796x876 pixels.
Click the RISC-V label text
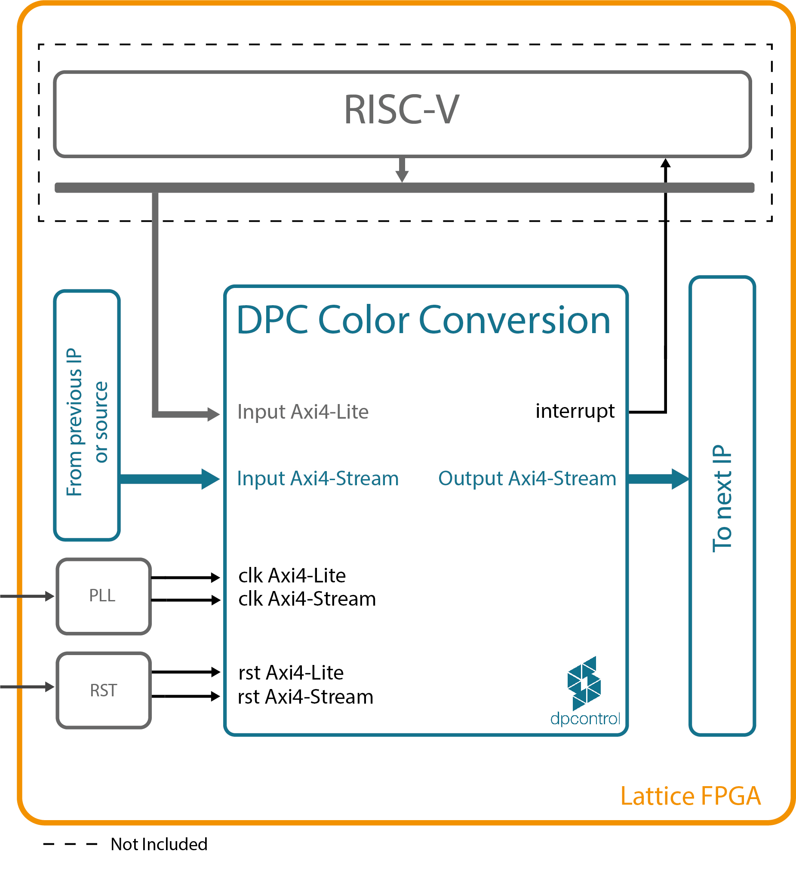click(x=401, y=110)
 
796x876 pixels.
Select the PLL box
click(x=104, y=596)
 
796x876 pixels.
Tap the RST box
click(x=104, y=690)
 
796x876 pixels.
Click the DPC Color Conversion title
click(x=424, y=320)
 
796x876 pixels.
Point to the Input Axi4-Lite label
click(x=303, y=412)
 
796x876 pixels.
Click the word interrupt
click(x=574, y=411)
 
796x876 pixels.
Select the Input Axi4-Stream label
click(x=317, y=478)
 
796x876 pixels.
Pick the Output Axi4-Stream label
click(x=527, y=478)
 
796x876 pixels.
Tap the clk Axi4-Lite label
click(x=292, y=576)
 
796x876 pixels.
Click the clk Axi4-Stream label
click(x=307, y=599)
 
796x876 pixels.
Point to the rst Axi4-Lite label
click(x=290, y=673)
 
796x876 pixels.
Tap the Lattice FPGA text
click(x=690, y=796)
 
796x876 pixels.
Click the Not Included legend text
click(x=159, y=844)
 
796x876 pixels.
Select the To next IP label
click(x=722, y=499)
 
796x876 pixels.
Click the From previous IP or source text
click(x=87, y=422)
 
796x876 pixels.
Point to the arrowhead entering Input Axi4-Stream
click(x=210, y=479)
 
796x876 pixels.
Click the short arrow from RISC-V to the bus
click(x=402, y=169)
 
